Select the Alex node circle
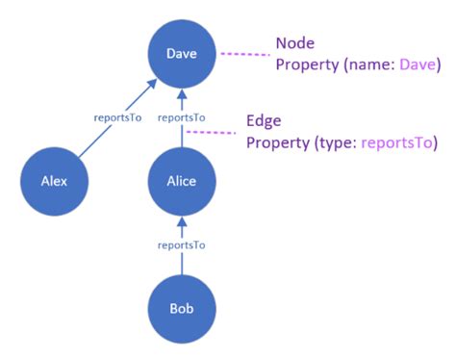coord(55,181)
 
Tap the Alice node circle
coord(182,181)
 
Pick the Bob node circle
coord(182,310)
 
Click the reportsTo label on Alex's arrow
coord(116,117)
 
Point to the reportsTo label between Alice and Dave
coord(181,117)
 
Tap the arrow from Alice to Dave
coord(182,136)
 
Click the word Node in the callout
coord(294,43)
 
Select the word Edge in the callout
coord(264,122)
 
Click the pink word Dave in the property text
coord(419,64)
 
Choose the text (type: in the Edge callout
coord(335,143)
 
